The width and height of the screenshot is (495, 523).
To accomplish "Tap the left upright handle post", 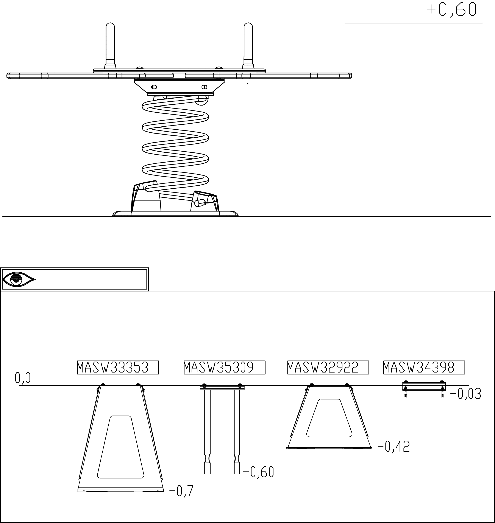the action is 110,46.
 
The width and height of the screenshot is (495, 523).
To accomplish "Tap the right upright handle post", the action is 248,46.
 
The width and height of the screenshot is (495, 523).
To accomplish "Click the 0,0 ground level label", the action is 23,378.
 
